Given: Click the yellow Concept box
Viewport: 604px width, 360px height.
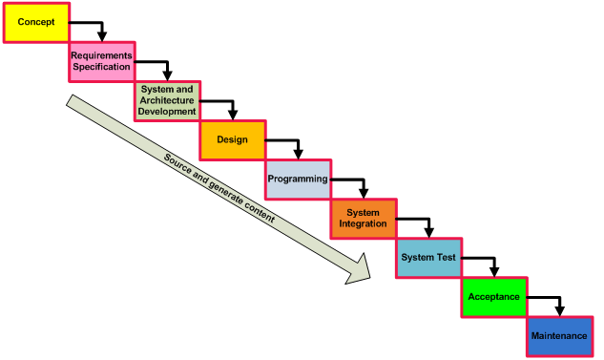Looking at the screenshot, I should pos(36,22).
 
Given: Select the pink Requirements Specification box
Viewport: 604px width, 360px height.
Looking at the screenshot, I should pos(101,61).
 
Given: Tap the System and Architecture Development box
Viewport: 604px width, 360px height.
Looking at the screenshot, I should pos(167,100).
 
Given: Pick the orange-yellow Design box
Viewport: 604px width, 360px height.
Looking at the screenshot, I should pos(232,139).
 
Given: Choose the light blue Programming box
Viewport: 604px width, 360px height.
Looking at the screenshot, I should pos(298,180).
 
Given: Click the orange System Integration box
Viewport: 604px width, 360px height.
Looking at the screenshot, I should pos(363,219).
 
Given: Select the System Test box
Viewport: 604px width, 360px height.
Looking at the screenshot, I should pos(428,258).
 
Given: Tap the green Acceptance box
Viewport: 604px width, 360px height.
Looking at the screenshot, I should pos(494,297).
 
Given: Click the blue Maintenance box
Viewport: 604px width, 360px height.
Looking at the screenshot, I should pos(559,336).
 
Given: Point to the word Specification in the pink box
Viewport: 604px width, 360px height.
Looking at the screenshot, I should pos(101,67).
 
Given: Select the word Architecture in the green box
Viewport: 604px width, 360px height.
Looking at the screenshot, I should pos(167,100).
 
